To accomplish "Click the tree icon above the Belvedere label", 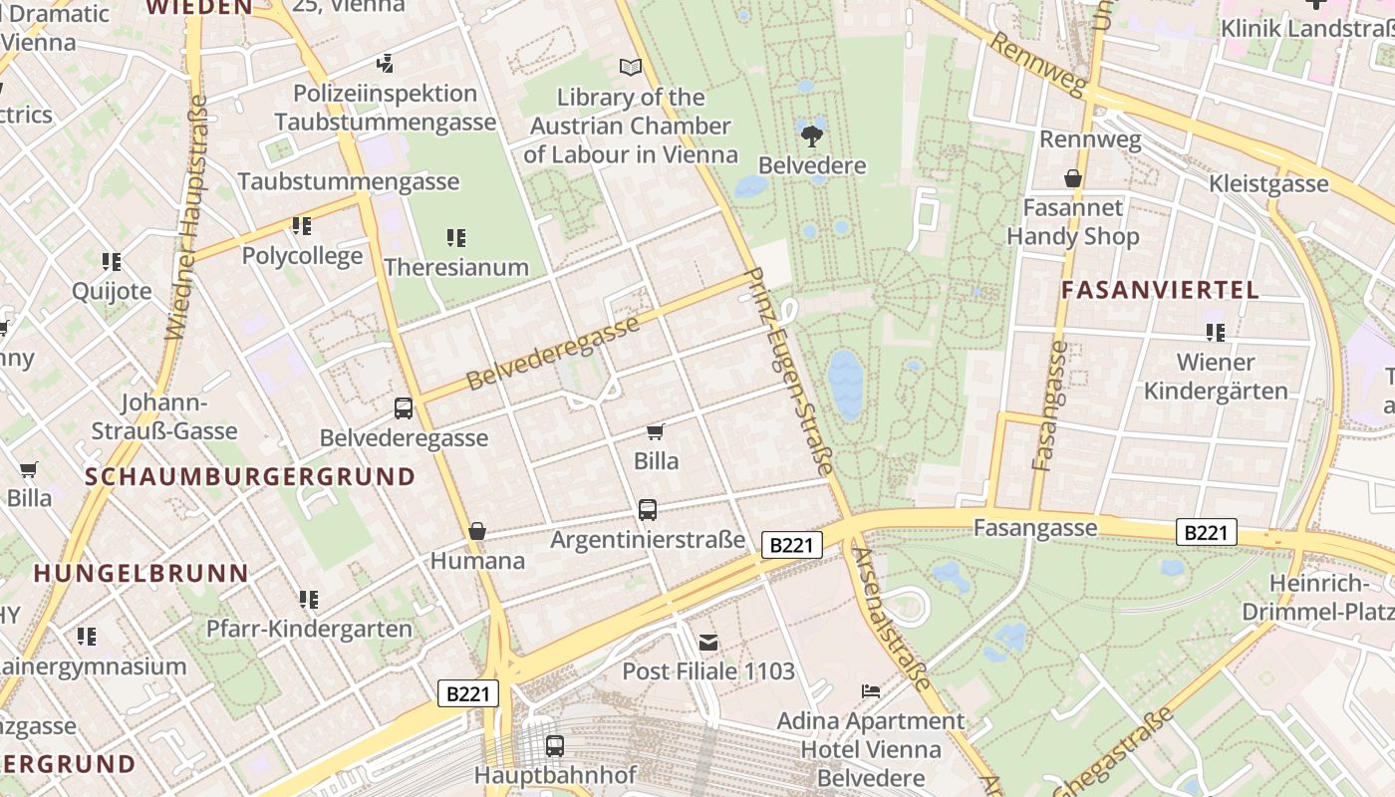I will (x=812, y=134).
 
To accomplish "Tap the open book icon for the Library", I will (x=630, y=67).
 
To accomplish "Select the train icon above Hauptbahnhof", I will (x=555, y=745).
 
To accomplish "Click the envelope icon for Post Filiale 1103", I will (x=707, y=643).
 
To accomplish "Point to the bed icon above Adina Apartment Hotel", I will (x=870, y=690).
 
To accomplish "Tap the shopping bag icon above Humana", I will (x=477, y=531).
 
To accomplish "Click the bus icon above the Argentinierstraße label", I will (x=648, y=510).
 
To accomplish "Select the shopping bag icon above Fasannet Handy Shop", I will (x=1072, y=178).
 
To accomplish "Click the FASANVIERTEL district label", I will (x=1160, y=290).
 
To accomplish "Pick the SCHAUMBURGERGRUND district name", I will (x=249, y=476).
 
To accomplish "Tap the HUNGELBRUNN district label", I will (x=140, y=573).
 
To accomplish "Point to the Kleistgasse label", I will (x=1268, y=183).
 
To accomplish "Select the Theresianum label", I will (x=455, y=267).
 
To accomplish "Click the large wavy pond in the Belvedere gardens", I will (x=845, y=384).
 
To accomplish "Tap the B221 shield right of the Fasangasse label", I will (x=1206, y=533).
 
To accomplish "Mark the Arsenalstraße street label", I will (x=892, y=618).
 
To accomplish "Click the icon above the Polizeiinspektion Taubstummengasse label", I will (x=386, y=64).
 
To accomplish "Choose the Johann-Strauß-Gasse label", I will (x=164, y=416).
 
